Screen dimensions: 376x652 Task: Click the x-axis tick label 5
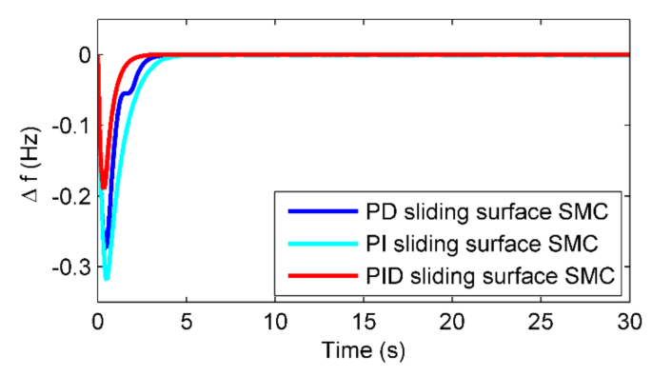pos(187,321)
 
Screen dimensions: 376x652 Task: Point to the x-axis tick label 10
pos(275,321)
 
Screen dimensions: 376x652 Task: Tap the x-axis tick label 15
pos(364,321)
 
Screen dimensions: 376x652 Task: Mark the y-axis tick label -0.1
pos(71,126)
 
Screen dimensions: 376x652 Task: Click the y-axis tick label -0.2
pos(71,196)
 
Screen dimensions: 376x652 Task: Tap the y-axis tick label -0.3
pos(71,267)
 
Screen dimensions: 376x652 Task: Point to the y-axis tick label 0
pos(84,55)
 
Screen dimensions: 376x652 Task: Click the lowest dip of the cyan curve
pos(108,279)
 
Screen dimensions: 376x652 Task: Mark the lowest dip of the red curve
pos(103,188)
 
